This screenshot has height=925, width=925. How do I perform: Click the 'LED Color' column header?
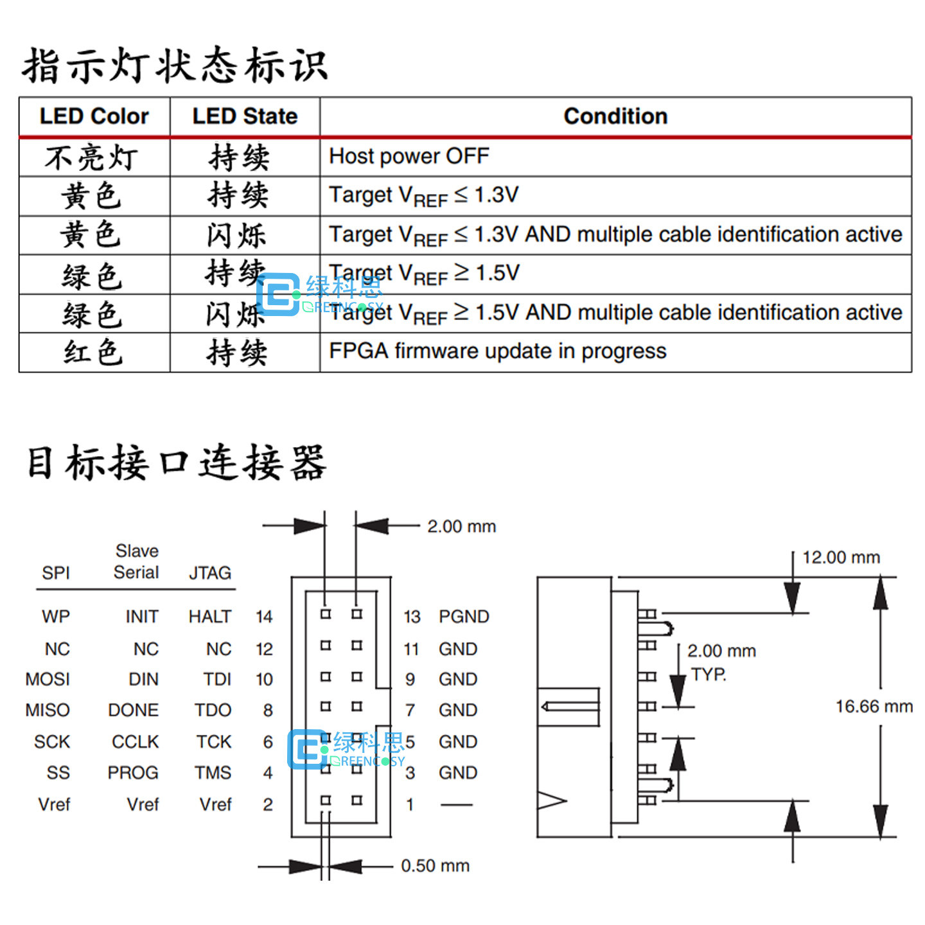tap(94, 116)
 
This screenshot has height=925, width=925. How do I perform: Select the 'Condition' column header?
tap(615, 116)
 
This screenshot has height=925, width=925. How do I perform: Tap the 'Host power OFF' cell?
tap(409, 157)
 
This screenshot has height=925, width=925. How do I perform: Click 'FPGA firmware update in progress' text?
tap(498, 351)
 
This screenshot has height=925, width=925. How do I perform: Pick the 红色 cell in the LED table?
tap(94, 353)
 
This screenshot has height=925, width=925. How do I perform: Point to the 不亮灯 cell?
tap(91, 157)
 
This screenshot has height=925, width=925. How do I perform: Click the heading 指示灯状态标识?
tap(175, 66)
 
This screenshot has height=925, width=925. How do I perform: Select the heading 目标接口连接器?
tap(177, 463)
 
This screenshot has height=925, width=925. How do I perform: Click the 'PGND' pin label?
tap(464, 617)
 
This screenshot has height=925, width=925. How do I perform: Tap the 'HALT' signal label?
tap(210, 617)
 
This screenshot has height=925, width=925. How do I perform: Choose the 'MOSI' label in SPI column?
tap(48, 679)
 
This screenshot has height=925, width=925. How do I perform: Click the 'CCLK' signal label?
tap(135, 742)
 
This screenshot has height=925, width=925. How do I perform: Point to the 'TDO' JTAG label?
tap(213, 710)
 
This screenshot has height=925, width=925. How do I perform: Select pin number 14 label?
tap(264, 617)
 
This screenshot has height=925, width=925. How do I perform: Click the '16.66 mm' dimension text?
tap(874, 706)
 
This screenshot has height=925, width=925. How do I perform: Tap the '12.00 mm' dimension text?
tap(841, 558)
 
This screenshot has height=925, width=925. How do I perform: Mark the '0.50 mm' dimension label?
tap(435, 865)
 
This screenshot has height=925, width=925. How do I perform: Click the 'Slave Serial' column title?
tap(136, 561)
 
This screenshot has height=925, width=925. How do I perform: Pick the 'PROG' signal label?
tap(133, 773)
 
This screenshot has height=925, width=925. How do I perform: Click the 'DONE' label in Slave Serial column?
tap(134, 710)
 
